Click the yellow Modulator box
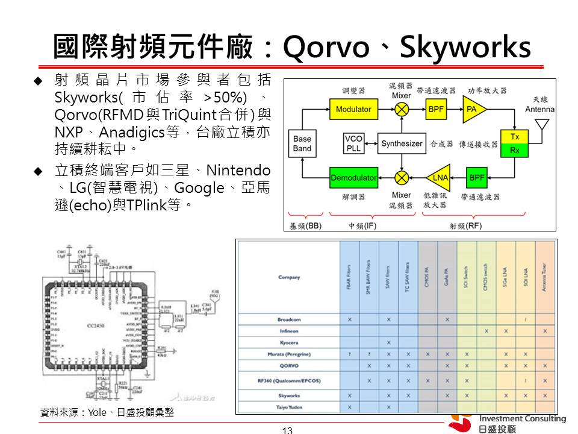pos(353,109)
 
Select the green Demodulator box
pos(353,178)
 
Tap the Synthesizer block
pos(402,143)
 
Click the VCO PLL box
pos(353,143)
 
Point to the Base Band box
pos(302,143)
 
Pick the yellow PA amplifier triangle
pos(474,109)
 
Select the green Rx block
pos(514,150)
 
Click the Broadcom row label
pos(289,319)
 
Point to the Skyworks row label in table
pos(289,395)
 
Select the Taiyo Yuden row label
pos(289,407)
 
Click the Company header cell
pos(289,277)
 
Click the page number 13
pos(287,430)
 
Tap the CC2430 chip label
pos(96,325)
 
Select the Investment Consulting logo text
pos(522,419)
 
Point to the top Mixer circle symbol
pos(402,109)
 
